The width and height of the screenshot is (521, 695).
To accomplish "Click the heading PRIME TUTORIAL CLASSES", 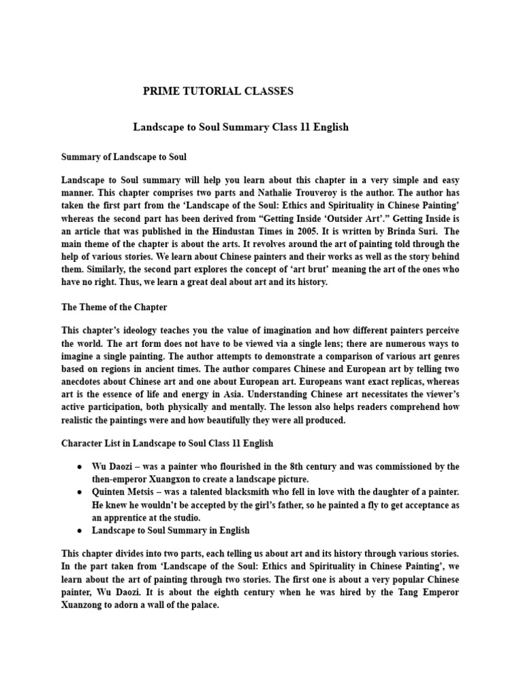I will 218,91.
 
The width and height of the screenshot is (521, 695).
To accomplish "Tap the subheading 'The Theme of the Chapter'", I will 114,307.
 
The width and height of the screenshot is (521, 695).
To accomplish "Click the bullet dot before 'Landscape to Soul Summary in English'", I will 79,530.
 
